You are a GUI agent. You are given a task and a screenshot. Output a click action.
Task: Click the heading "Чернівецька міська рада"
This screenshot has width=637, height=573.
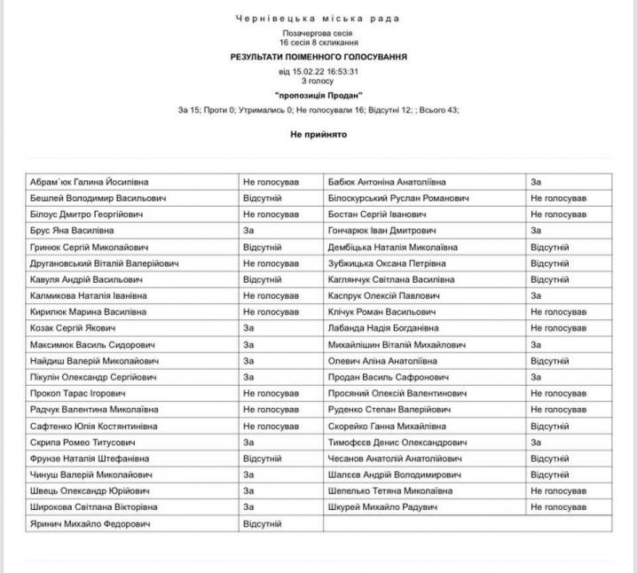pyautogui.click(x=318, y=18)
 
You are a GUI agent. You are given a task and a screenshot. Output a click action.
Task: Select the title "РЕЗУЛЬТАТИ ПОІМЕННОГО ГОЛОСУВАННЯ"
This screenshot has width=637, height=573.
pyautogui.click(x=318, y=56)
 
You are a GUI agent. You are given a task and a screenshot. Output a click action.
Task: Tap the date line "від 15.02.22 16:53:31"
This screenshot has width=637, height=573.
pyautogui.click(x=318, y=71)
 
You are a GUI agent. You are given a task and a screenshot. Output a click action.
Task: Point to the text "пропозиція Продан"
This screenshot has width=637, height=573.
pyautogui.click(x=318, y=95)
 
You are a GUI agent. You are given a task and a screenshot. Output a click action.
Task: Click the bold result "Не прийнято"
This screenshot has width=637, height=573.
pyautogui.click(x=318, y=134)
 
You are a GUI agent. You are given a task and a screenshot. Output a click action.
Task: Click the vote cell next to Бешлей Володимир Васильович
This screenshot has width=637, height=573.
pyautogui.click(x=262, y=198)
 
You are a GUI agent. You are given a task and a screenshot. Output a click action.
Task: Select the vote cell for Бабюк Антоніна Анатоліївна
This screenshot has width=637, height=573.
pyautogui.click(x=536, y=182)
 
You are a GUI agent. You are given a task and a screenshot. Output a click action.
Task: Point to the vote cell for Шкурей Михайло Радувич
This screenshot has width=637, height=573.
pyautogui.click(x=558, y=507)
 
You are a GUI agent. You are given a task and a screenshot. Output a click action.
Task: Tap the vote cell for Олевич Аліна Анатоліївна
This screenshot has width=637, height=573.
pyautogui.click(x=549, y=361)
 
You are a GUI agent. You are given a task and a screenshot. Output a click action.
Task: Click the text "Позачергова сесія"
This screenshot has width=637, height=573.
pyautogui.click(x=318, y=32)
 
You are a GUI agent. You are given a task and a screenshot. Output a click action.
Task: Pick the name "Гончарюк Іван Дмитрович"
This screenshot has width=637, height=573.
pyautogui.click(x=383, y=231)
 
